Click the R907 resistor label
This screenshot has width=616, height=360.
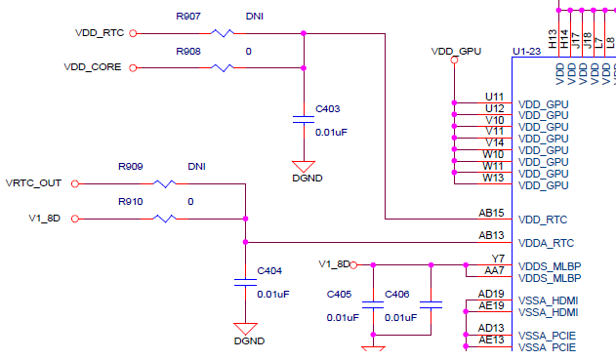click(189, 17)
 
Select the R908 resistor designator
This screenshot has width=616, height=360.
click(189, 51)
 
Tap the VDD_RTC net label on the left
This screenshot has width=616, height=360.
click(100, 33)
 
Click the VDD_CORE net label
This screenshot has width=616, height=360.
click(94, 68)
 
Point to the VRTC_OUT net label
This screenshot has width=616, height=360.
click(33, 183)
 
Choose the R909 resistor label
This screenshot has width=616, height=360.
click(131, 167)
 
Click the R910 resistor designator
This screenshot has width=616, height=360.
click(131, 201)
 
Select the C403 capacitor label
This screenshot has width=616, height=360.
click(328, 109)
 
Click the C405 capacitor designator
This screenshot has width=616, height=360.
click(339, 294)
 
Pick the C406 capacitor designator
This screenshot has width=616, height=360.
click(397, 294)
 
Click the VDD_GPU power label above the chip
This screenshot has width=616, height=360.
click(456, 49)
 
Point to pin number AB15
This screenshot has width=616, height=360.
click(491, 213)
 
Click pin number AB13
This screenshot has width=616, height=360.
click(491, 235)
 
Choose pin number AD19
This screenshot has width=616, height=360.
click(491, 294)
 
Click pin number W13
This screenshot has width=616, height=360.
click(493, 178)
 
